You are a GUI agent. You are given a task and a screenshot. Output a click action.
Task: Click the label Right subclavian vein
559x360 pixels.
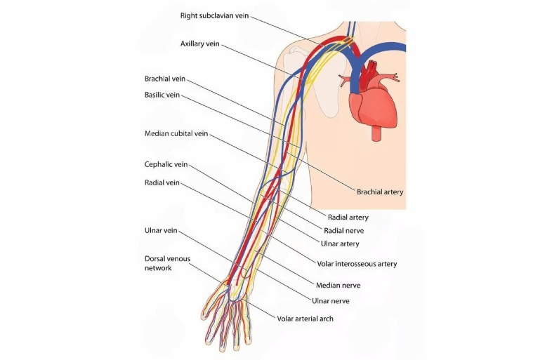tap(214, 15)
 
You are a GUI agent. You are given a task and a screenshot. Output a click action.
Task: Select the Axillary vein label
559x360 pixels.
tap(199, 44)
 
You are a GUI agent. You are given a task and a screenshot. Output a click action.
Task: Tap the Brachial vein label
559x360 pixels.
tap(164, 79)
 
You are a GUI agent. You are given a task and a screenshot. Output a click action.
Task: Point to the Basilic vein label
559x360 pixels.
tap(162, 95)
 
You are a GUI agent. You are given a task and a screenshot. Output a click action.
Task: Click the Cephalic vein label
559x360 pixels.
tap(166, 164)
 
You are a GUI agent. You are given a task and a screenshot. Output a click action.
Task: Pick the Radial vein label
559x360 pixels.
tap(162, 182)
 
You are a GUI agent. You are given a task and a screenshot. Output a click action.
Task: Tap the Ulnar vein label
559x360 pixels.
tap(161, 230)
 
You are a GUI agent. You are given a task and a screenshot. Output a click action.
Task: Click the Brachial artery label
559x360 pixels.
tap(380, 191)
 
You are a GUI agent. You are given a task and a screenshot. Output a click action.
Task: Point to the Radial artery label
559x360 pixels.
tap(348, 218)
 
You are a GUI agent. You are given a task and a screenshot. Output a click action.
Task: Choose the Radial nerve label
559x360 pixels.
tap(344, 230)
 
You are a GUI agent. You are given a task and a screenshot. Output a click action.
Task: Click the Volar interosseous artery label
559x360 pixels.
tap(357, 264)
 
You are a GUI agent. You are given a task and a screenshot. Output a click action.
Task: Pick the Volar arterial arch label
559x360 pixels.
tap(305, 318)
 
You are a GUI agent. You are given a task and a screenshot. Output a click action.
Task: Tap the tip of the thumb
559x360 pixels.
tap(204, 316)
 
